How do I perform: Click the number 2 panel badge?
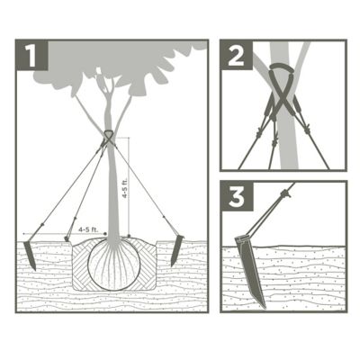tap(237, 57)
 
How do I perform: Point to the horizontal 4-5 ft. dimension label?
tap(88, 230)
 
